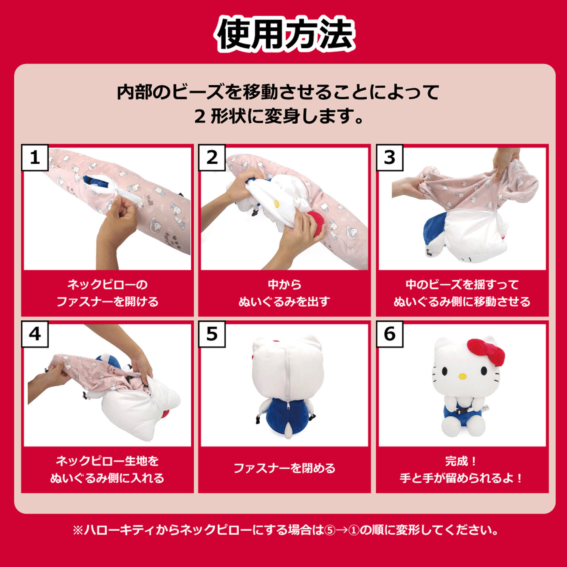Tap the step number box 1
[34, 157]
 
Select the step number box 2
[212, 157]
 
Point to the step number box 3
[389, 157]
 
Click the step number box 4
[34, 334]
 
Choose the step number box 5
[212, 334]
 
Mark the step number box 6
[389, 334]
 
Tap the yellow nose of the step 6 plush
[462, 376]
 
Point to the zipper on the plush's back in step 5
[287, 374]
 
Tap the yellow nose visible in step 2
[277, 204]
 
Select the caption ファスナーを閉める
[284, 468]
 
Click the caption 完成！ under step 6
[461, 461]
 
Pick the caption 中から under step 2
[284, 284]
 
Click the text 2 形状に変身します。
[279, 116]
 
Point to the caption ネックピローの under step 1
[107, 284]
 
